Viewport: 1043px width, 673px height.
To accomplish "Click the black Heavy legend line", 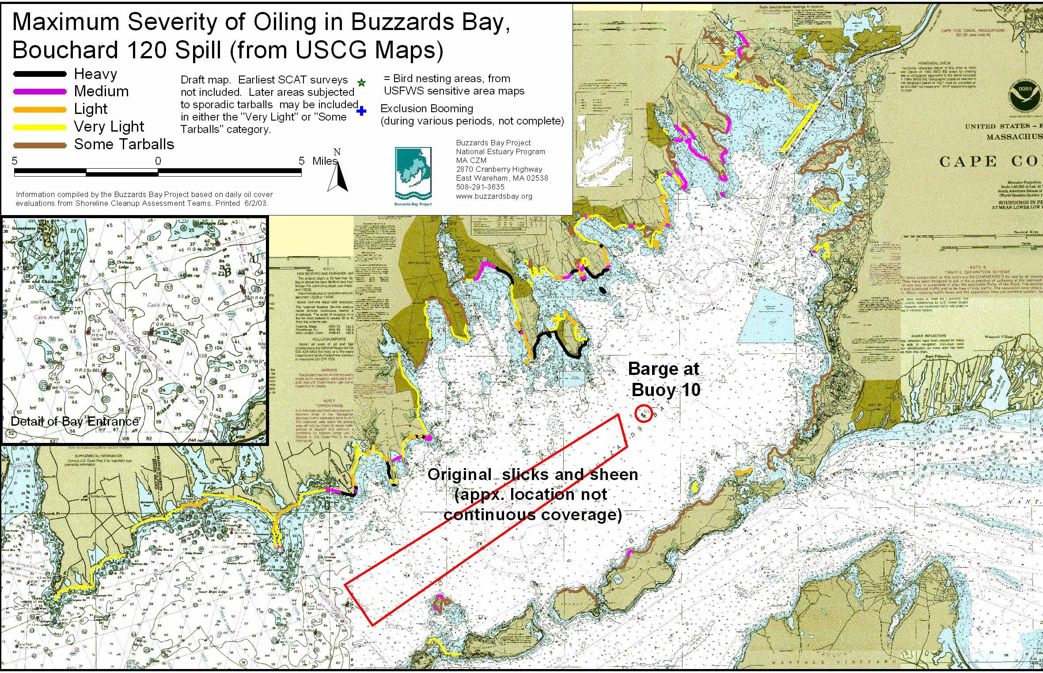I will (x=40, y=74).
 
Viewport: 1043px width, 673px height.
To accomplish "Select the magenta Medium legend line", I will (x=40, y=92).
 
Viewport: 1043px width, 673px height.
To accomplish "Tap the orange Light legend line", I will (x=40, y=110).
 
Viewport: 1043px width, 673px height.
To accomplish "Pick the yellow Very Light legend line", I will (x=40, y=127).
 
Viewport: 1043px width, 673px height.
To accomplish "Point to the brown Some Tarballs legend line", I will (x=40, y=145).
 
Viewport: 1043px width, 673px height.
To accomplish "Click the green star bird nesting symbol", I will (x=361, y=83).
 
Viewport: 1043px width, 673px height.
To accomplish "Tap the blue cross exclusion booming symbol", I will (x=361, y=111).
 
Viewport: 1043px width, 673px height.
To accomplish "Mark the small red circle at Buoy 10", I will (x=644, y=414).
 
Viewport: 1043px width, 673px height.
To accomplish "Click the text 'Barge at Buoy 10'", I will (x=664, y=380).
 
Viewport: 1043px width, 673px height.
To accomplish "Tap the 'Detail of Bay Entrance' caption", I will (x=74, y=421).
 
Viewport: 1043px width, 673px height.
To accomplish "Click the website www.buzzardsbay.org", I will (x=494, y=196).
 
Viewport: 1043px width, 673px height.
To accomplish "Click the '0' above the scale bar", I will (x=158, y=161).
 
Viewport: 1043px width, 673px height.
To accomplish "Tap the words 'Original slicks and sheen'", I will (x=532, y=475).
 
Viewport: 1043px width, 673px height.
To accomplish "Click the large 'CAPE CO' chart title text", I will (x=990, y=162).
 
